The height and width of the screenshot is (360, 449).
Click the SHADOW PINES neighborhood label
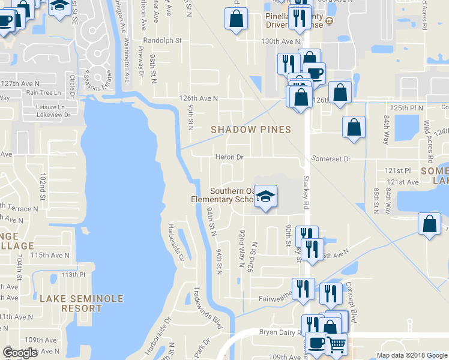click(250, 130)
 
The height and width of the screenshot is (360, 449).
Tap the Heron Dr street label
click(229, 157)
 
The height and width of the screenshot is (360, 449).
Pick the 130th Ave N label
click(280, 41)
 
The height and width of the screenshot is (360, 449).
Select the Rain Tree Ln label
click(44, 92)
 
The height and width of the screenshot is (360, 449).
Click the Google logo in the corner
click(20, 353)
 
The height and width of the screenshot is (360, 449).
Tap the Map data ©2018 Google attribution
click(411, 355)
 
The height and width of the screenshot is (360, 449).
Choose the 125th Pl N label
click(406, 107)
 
